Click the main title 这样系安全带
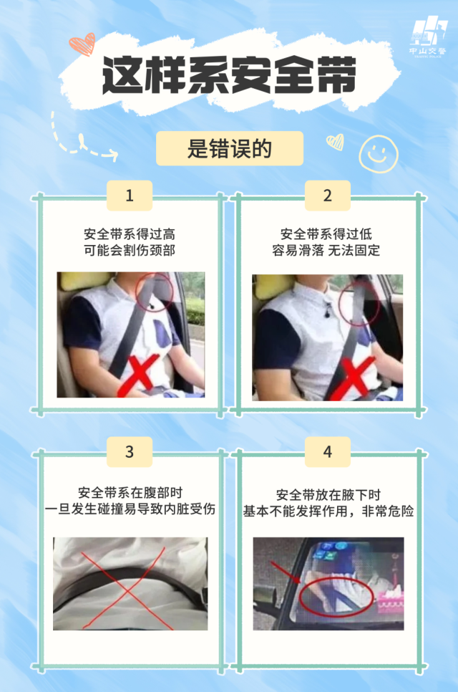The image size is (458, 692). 229,75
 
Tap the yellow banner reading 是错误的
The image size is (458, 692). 230,148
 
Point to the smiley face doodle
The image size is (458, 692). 379,153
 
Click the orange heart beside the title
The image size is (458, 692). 83,44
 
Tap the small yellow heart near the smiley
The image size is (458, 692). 336,142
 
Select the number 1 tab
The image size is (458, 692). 129,196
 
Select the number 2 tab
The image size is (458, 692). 328,196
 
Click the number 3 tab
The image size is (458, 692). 129,452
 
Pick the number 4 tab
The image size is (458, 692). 328,452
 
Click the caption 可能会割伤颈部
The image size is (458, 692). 130,250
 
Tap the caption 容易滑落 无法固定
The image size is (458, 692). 326,250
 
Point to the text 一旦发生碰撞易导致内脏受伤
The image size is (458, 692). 130,509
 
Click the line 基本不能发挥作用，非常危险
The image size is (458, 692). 328,511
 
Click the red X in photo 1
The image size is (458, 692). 142,376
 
